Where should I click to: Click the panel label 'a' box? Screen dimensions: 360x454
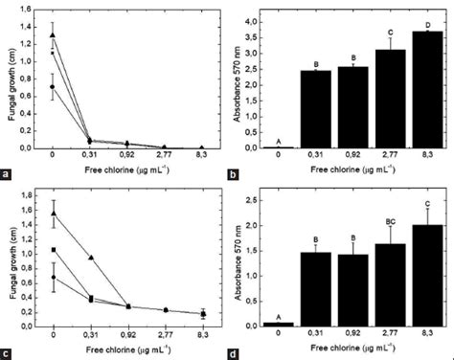[9, 173]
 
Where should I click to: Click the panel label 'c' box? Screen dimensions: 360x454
[9, 352]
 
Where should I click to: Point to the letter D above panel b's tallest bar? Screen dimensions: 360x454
[426, 51]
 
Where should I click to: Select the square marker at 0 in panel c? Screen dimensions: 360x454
[53, 250]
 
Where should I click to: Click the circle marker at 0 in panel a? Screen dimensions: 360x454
[53, 86]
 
